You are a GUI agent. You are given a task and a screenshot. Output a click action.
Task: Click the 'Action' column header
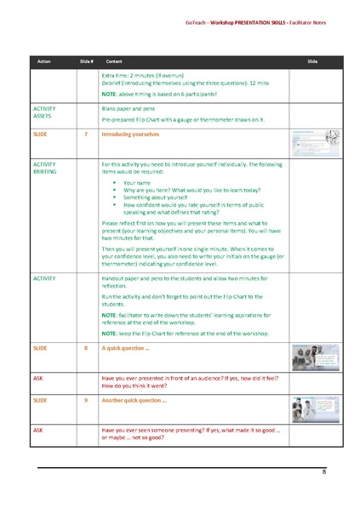tap(43, 62)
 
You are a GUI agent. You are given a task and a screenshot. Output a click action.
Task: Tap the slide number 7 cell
tap(86, 134)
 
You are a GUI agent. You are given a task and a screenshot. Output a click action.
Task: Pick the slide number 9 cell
tap(86, 399)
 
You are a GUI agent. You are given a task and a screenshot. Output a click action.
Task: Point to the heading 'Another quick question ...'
tap(134, 399)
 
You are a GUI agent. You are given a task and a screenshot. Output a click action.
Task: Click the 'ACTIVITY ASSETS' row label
tap(46, 113)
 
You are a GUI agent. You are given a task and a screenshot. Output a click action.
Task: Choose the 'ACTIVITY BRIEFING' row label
tap(46, 168)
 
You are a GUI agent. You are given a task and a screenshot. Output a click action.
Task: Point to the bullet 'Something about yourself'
tap(159, 198)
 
